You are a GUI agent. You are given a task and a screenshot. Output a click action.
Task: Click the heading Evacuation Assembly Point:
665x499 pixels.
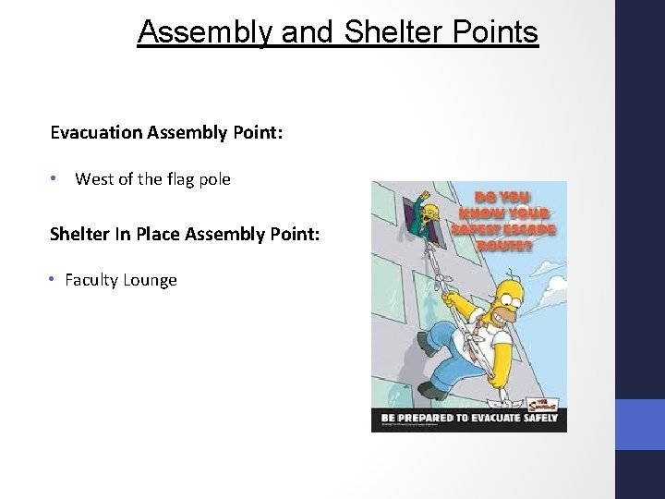pyautogui.click(x=166, y=131)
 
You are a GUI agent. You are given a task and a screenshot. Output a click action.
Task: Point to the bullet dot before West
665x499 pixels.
pyautogui.click(x=55, y=179)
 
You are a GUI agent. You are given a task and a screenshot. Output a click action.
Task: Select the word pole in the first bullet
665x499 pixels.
pyautogui.click(x=213, y=179)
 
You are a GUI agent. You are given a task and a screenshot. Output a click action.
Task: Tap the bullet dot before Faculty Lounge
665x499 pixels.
pyautogui.click(x=55, y=279)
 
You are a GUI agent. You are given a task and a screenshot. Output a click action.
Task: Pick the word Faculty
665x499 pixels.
pyautogui.click(x=91, y=279)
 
